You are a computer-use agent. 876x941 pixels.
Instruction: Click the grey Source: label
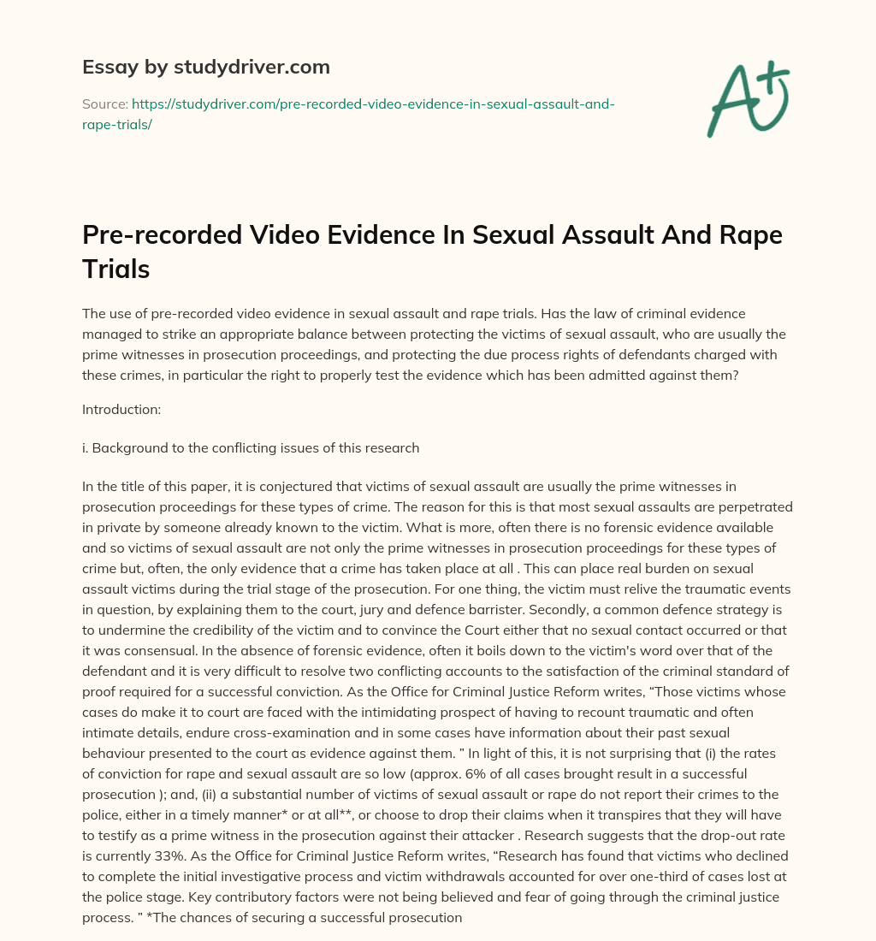(104, 104)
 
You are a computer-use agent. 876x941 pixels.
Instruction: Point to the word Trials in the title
(115, 269)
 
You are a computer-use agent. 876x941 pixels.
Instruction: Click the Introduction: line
(121, 410)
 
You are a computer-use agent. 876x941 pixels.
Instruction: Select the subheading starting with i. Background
(250, 447)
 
